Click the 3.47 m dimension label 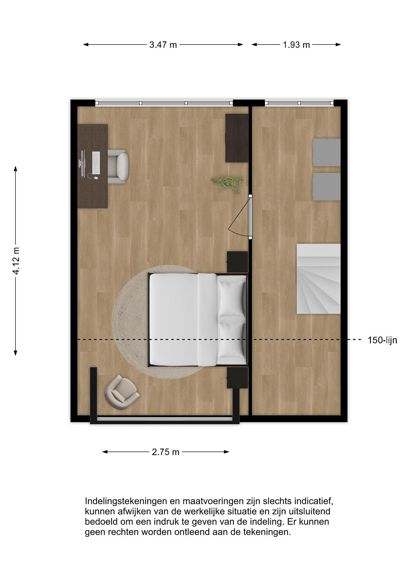pos(163,45)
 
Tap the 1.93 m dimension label pos(296,45)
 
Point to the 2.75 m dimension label pos(165,452)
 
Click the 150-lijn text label pos(382,340)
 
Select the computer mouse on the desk pos(95,178)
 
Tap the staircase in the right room pos(319,279)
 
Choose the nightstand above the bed pos(238,262)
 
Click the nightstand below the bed pos(238,378)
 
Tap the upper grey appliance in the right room pos(327,152)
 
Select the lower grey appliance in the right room pos(327,186)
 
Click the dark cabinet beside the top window pos(237,138)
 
